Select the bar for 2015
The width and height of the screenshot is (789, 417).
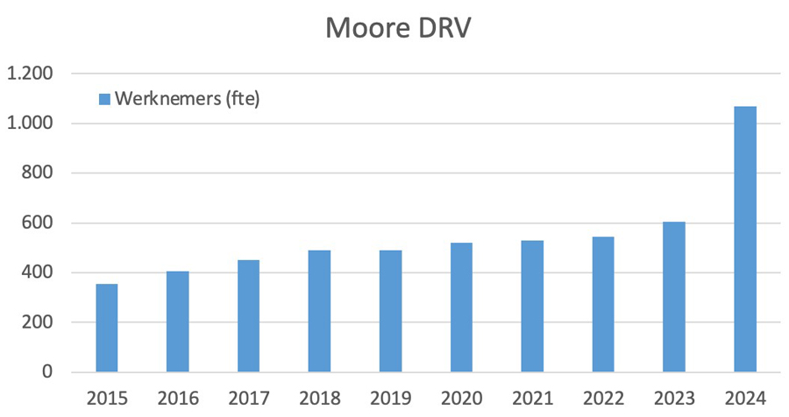pos(107,328)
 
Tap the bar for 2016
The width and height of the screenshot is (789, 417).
pos(178,322)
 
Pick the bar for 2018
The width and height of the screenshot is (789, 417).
pos(319,311)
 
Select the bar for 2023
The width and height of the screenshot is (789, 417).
pos(674,297)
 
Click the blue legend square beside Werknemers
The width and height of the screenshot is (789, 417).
pos(103,99)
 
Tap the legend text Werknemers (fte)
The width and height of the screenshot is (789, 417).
pos(187,99)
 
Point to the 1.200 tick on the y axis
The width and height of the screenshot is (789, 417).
pos(30,74)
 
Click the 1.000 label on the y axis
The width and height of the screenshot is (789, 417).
pos(30,124)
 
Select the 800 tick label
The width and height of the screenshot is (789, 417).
pos(38,173)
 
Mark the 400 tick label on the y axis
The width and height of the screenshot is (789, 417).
pos(38,272)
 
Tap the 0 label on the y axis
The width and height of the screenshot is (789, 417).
pos(47,372)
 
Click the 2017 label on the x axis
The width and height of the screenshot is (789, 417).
pos(249,399)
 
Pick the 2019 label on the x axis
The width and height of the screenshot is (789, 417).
pos(390,399)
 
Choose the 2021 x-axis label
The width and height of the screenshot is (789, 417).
pos(532,399)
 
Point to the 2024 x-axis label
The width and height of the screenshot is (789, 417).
pos(745,399)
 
